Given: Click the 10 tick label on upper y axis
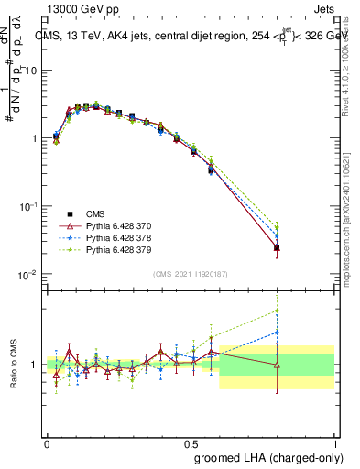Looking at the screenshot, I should point(31,71).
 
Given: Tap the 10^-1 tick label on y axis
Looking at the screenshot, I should point(28,206).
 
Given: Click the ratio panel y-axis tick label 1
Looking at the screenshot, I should point(35,365).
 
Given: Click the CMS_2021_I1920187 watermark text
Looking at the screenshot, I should point(190,274).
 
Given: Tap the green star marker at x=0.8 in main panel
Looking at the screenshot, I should point(278,227).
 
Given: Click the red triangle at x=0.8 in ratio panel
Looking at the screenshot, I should point(278,365).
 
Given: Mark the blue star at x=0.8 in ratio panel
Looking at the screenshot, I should point(278,333).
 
